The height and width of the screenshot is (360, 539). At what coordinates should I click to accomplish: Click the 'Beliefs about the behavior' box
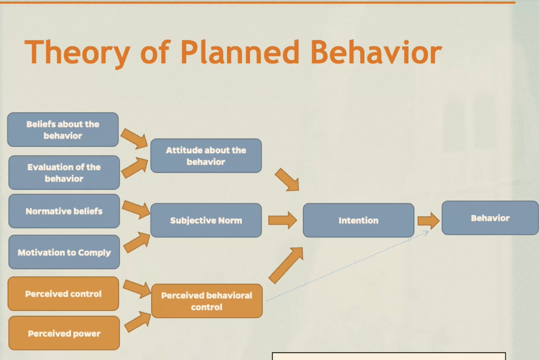[63, 130]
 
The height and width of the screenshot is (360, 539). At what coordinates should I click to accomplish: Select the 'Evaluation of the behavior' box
[64, 173]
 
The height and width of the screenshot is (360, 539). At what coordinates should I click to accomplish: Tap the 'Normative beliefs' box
[64, 211]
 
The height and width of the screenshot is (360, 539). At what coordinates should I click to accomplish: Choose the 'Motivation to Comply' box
[64, 252]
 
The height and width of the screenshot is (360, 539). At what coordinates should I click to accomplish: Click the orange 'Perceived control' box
[63, 294]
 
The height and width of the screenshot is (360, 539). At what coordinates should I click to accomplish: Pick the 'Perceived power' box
[64, 333]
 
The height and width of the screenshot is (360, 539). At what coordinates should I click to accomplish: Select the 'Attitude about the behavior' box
[205, 156]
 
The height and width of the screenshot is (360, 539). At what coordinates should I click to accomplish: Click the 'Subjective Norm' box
[205, 220]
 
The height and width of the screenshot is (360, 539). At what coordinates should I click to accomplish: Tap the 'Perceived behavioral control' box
[207, 301]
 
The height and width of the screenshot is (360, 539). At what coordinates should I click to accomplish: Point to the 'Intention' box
[358, 220]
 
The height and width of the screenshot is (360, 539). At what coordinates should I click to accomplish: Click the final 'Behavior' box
[490, 218]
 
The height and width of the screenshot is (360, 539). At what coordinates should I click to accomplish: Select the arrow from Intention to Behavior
[428, 220]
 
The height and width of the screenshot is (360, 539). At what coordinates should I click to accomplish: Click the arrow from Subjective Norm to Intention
[282, 220]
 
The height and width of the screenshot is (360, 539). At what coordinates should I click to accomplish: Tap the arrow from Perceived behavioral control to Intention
[286, 265]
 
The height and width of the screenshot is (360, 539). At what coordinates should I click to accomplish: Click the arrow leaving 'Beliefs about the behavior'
[134, 138]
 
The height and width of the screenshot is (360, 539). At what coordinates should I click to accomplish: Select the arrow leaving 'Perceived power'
[138, 321]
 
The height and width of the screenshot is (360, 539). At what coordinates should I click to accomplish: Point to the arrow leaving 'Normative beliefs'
[136, 209]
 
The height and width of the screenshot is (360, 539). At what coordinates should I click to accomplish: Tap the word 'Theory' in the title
[77, 53]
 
